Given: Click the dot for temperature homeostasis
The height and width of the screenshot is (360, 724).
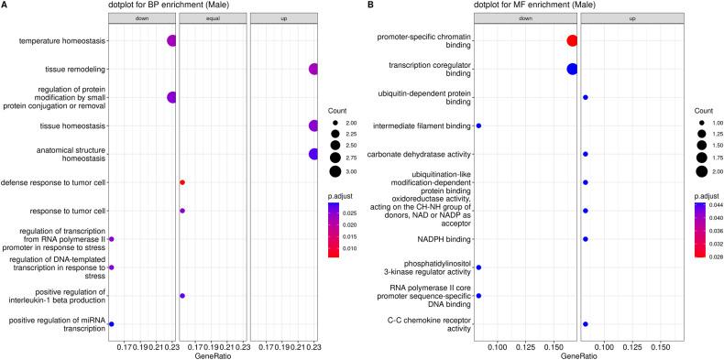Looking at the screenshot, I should coord(171,40).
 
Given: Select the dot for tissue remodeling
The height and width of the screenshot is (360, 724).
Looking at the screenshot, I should coord(314,69).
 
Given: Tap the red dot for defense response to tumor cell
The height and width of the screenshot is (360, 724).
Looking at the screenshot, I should coord(182,182).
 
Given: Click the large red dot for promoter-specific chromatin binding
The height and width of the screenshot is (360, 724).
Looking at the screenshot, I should coord(572,40).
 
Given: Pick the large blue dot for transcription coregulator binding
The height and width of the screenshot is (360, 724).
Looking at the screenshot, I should coord(572,69).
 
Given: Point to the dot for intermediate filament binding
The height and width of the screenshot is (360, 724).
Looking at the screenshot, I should coord(478,125).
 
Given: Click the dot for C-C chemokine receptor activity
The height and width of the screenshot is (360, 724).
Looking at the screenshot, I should coord(586,324).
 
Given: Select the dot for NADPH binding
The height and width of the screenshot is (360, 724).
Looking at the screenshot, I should coord(586,239).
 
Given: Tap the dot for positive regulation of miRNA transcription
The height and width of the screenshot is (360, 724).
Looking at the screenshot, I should coord(111,324).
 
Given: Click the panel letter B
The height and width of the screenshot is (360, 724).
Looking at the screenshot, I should coord(369,5).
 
